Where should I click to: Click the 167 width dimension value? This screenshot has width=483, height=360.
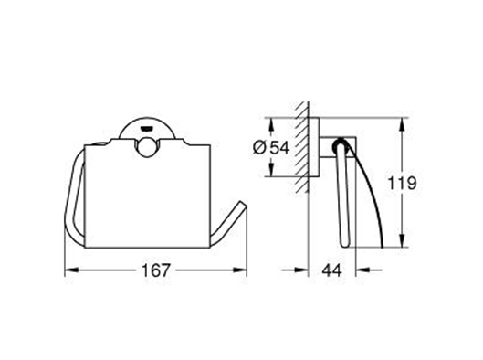155,270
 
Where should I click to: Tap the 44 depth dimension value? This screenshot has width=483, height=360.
331,270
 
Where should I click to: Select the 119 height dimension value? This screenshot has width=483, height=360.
402,183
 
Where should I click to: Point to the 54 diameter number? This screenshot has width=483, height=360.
279,148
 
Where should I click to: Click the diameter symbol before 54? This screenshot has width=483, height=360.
259,148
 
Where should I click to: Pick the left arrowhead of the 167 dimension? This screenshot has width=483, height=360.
71,270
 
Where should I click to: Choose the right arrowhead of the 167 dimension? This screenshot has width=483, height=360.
239,270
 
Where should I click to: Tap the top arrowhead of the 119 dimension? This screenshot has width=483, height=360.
402,125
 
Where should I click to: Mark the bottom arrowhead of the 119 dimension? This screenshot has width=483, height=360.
402,240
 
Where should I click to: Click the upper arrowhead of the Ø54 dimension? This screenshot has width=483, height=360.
271,125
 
